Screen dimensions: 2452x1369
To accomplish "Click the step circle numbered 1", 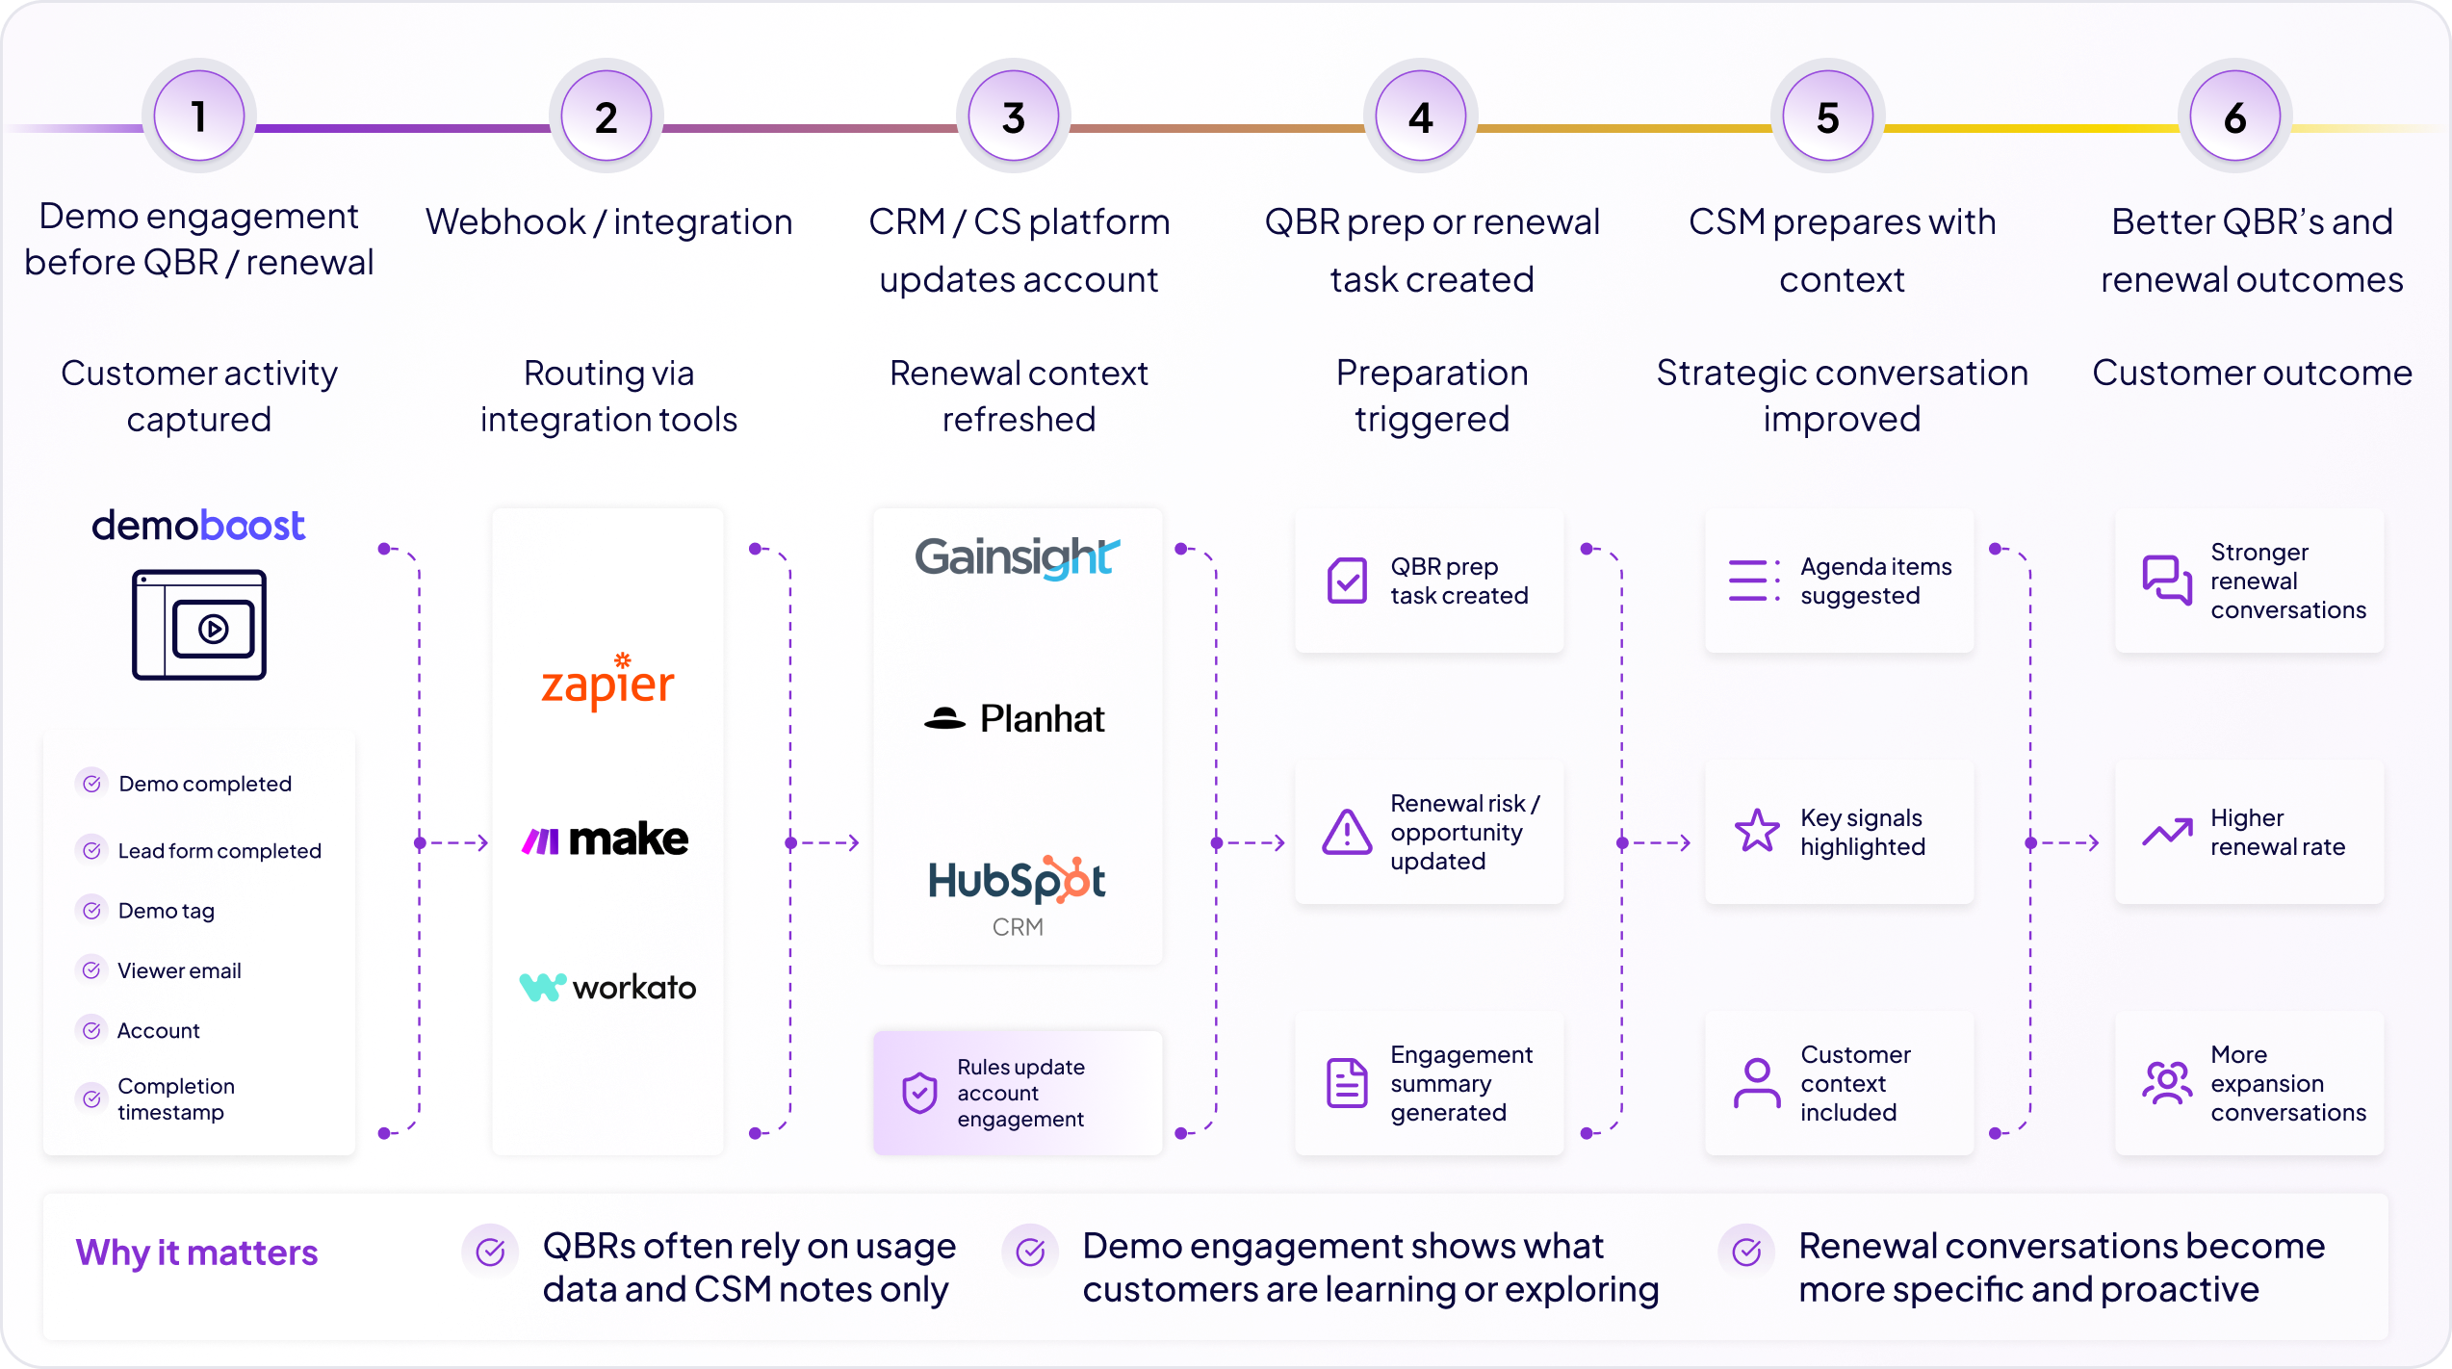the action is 199,116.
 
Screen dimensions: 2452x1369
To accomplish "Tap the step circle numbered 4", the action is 1421,116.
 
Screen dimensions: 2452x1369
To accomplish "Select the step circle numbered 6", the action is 2235,116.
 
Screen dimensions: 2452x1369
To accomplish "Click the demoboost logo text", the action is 198,526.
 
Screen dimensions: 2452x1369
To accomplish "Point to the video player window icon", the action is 199,625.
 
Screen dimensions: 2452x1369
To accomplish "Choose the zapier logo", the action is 607,682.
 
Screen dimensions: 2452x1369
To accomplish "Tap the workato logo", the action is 607,987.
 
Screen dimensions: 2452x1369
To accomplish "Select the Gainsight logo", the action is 1018,557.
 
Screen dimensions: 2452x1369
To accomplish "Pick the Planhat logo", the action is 1015,718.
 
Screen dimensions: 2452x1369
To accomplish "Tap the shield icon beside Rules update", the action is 919,1093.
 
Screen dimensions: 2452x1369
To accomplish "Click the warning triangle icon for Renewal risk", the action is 1347,832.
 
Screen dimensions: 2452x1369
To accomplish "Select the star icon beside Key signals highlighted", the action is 1757,831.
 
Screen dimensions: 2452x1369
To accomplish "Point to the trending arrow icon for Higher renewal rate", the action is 2167,832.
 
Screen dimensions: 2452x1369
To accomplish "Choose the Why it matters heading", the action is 196,1253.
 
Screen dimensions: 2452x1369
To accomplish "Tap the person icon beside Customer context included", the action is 1757,1083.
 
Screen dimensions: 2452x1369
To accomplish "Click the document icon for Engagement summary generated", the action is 1347,1083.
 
